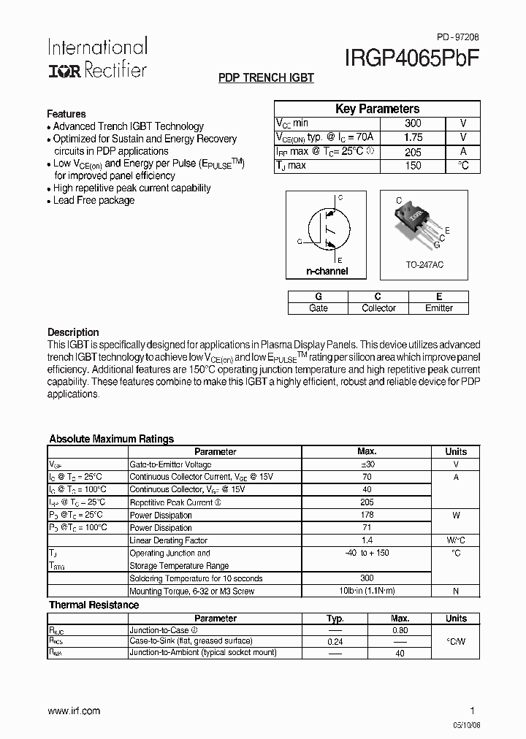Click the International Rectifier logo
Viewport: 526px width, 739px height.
[97, 58]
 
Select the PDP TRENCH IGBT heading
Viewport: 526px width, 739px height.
[266, 78]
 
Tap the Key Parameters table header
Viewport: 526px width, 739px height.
[377, 109]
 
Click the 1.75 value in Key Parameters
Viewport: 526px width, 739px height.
[413, 137]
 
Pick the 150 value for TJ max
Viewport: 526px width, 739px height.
[413, 166]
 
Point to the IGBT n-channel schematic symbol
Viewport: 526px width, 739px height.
[326, 230]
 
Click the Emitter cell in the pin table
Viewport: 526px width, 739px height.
[439, 308]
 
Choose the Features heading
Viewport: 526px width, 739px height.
[66, 114]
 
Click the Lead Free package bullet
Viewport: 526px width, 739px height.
[94, 201]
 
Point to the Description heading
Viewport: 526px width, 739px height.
[73, 332]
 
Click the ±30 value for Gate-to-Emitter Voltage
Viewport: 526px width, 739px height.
[367, 464]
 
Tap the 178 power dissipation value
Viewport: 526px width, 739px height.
[367, 515]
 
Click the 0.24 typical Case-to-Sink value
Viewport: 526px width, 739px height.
[335, 641]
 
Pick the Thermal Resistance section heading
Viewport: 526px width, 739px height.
[94, 605]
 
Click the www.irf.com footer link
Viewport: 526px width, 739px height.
[74, 711]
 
